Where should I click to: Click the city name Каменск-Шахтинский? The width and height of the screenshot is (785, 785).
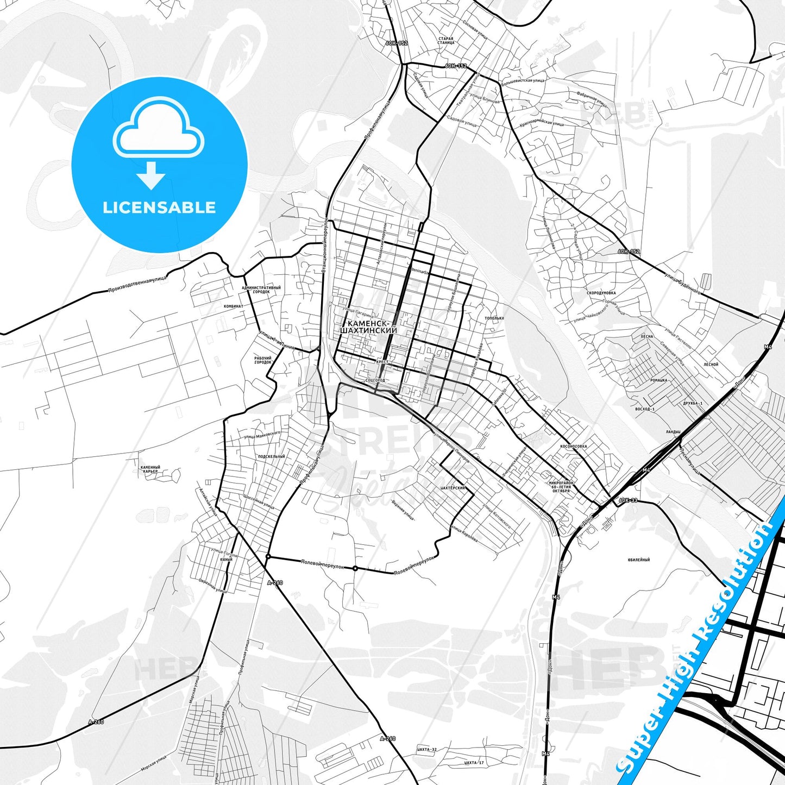[368, 326]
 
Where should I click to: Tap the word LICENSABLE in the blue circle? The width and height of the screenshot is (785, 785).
[159, 208]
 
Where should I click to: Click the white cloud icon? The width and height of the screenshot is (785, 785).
[158, 127]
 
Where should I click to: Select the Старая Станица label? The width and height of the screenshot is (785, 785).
[446, 41]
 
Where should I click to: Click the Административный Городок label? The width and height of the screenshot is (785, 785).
[261, 290]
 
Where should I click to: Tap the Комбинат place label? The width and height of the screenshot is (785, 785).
[234, 306]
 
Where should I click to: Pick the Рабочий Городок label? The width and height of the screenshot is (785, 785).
[263, 360]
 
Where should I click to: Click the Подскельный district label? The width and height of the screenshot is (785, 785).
[272, 456]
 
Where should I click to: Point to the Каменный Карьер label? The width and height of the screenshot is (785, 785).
[150, 469]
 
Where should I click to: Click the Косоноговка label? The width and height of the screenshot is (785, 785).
[573, 447]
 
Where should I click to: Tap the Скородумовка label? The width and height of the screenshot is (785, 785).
[601, 293]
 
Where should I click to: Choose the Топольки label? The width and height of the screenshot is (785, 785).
[494, 318]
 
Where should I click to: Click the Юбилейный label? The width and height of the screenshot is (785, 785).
[638, 560]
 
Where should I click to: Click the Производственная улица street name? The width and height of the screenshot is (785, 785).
[137, 284]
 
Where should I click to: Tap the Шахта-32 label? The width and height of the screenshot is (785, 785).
[427, 749]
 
